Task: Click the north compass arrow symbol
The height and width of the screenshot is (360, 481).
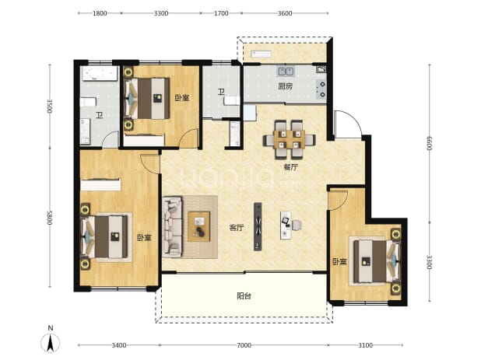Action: pos(51,343)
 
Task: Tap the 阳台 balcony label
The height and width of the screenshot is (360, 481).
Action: pos(244,296)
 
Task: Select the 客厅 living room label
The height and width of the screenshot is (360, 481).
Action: pos(237,228)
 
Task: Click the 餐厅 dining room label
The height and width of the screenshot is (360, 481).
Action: pos(290,167)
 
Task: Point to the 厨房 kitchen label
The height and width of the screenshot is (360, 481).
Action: pos(286,86)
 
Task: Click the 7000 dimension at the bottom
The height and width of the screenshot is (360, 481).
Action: pos(244,345)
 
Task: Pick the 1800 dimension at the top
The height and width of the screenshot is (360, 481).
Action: pos(100,13)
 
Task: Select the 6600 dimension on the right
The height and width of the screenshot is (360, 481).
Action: pos(429,143)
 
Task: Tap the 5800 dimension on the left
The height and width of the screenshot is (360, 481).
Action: pos(50,218)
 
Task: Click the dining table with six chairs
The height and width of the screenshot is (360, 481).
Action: pos(290,140)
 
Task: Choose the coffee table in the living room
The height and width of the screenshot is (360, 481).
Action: pos(198,226)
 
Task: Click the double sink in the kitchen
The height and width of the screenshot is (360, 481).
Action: pos(286,72)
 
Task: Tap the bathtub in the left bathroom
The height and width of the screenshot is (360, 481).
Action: pos(99,74)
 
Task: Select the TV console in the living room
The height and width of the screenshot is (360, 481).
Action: pos(258,226)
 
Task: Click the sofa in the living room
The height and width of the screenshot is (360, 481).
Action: pos(172,227)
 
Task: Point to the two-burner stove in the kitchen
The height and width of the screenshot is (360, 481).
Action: pos(321,89)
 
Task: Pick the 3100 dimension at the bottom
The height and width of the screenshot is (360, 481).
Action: pos(365,345)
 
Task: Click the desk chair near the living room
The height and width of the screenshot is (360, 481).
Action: pos(297,225)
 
